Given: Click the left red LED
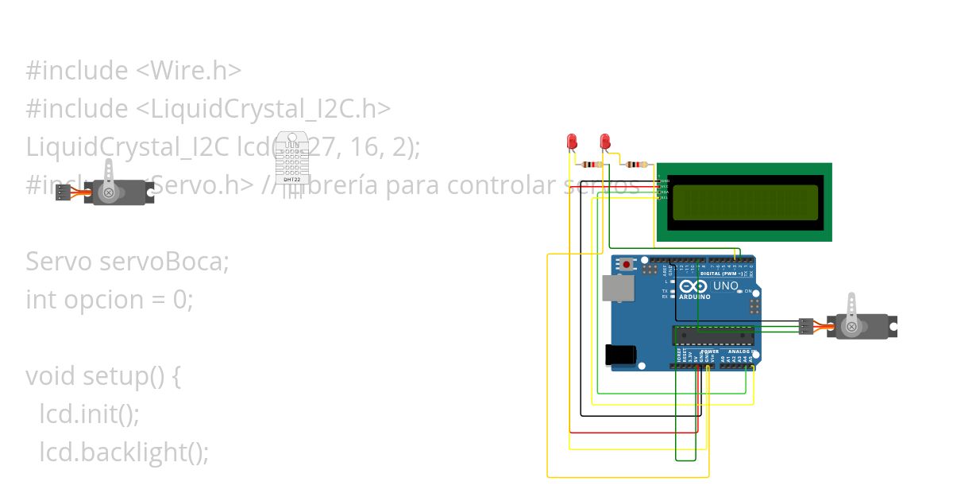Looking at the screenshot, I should (571, 142).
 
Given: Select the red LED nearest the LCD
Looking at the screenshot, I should (605, 142).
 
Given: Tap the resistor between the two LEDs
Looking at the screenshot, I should (591, 165).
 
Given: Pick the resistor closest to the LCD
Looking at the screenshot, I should (635, 165).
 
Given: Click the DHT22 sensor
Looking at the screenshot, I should (292, 157).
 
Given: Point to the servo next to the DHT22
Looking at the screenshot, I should (119, 191).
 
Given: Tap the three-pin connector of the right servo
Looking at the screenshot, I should (806, 326).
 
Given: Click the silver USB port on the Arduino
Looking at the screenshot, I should (618, 289).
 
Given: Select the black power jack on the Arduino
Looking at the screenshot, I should (620, 355).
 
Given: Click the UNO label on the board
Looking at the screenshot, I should (725, 285).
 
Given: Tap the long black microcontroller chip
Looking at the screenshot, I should (713, 336).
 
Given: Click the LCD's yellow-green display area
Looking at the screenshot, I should (745, 202).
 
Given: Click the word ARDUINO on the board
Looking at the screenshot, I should (693, 297).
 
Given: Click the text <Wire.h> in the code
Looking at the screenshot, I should (188, 71).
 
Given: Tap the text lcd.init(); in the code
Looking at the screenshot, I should (89, 414).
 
